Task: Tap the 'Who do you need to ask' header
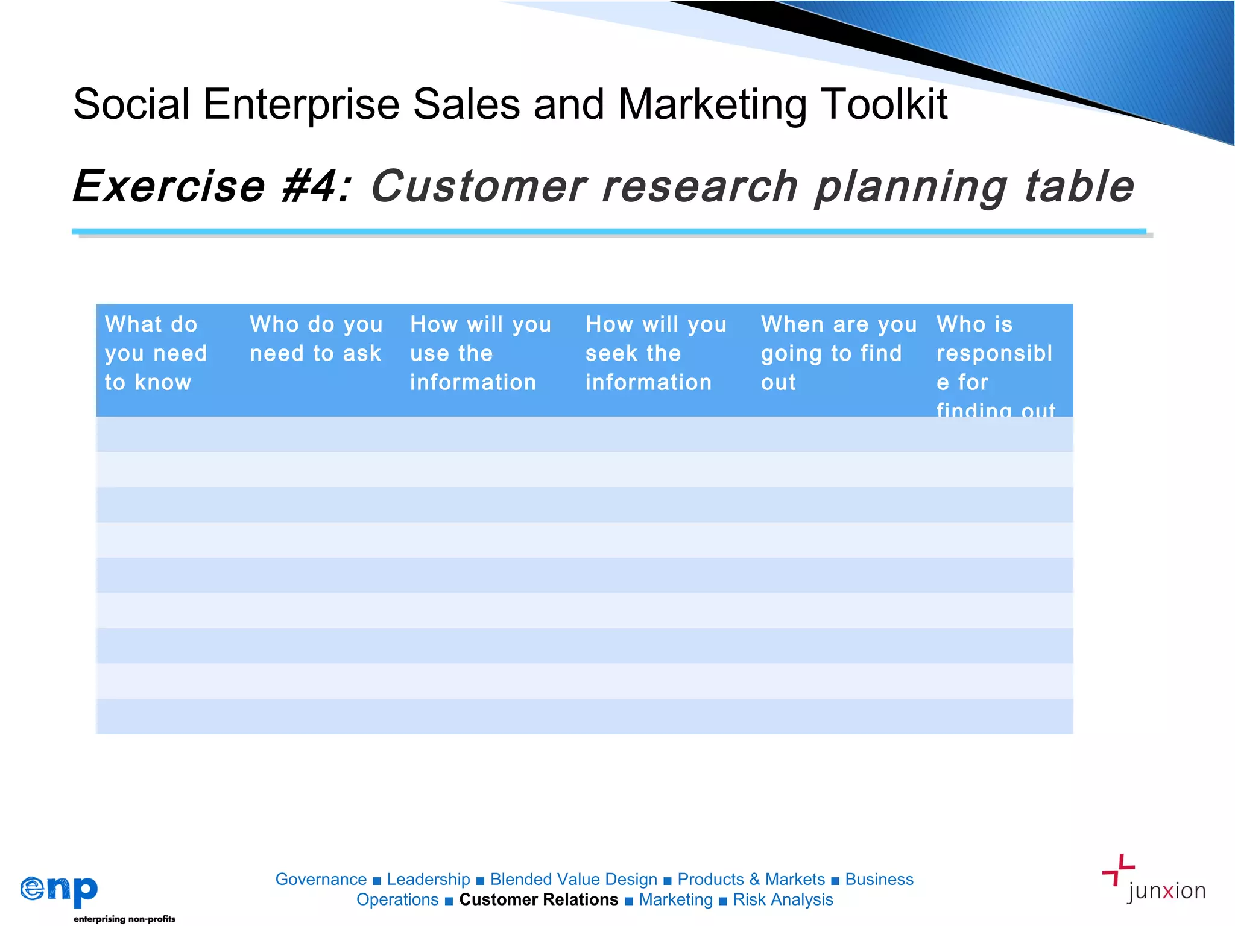point(316,339)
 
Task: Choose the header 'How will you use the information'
point(481,353)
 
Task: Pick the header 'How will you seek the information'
point(656,353)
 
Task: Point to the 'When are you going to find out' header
point(838,353)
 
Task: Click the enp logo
point(59,890)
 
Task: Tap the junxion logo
point(1153,880)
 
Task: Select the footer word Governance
point(321,880)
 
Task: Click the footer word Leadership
point(428,880)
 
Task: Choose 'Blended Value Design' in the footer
point(573,880)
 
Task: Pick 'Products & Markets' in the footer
point(751,880)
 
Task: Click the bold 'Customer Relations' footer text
point(539,900)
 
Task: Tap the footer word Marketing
point(675,900)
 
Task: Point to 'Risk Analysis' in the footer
point(783,900)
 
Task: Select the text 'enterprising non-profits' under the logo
point(124,919)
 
